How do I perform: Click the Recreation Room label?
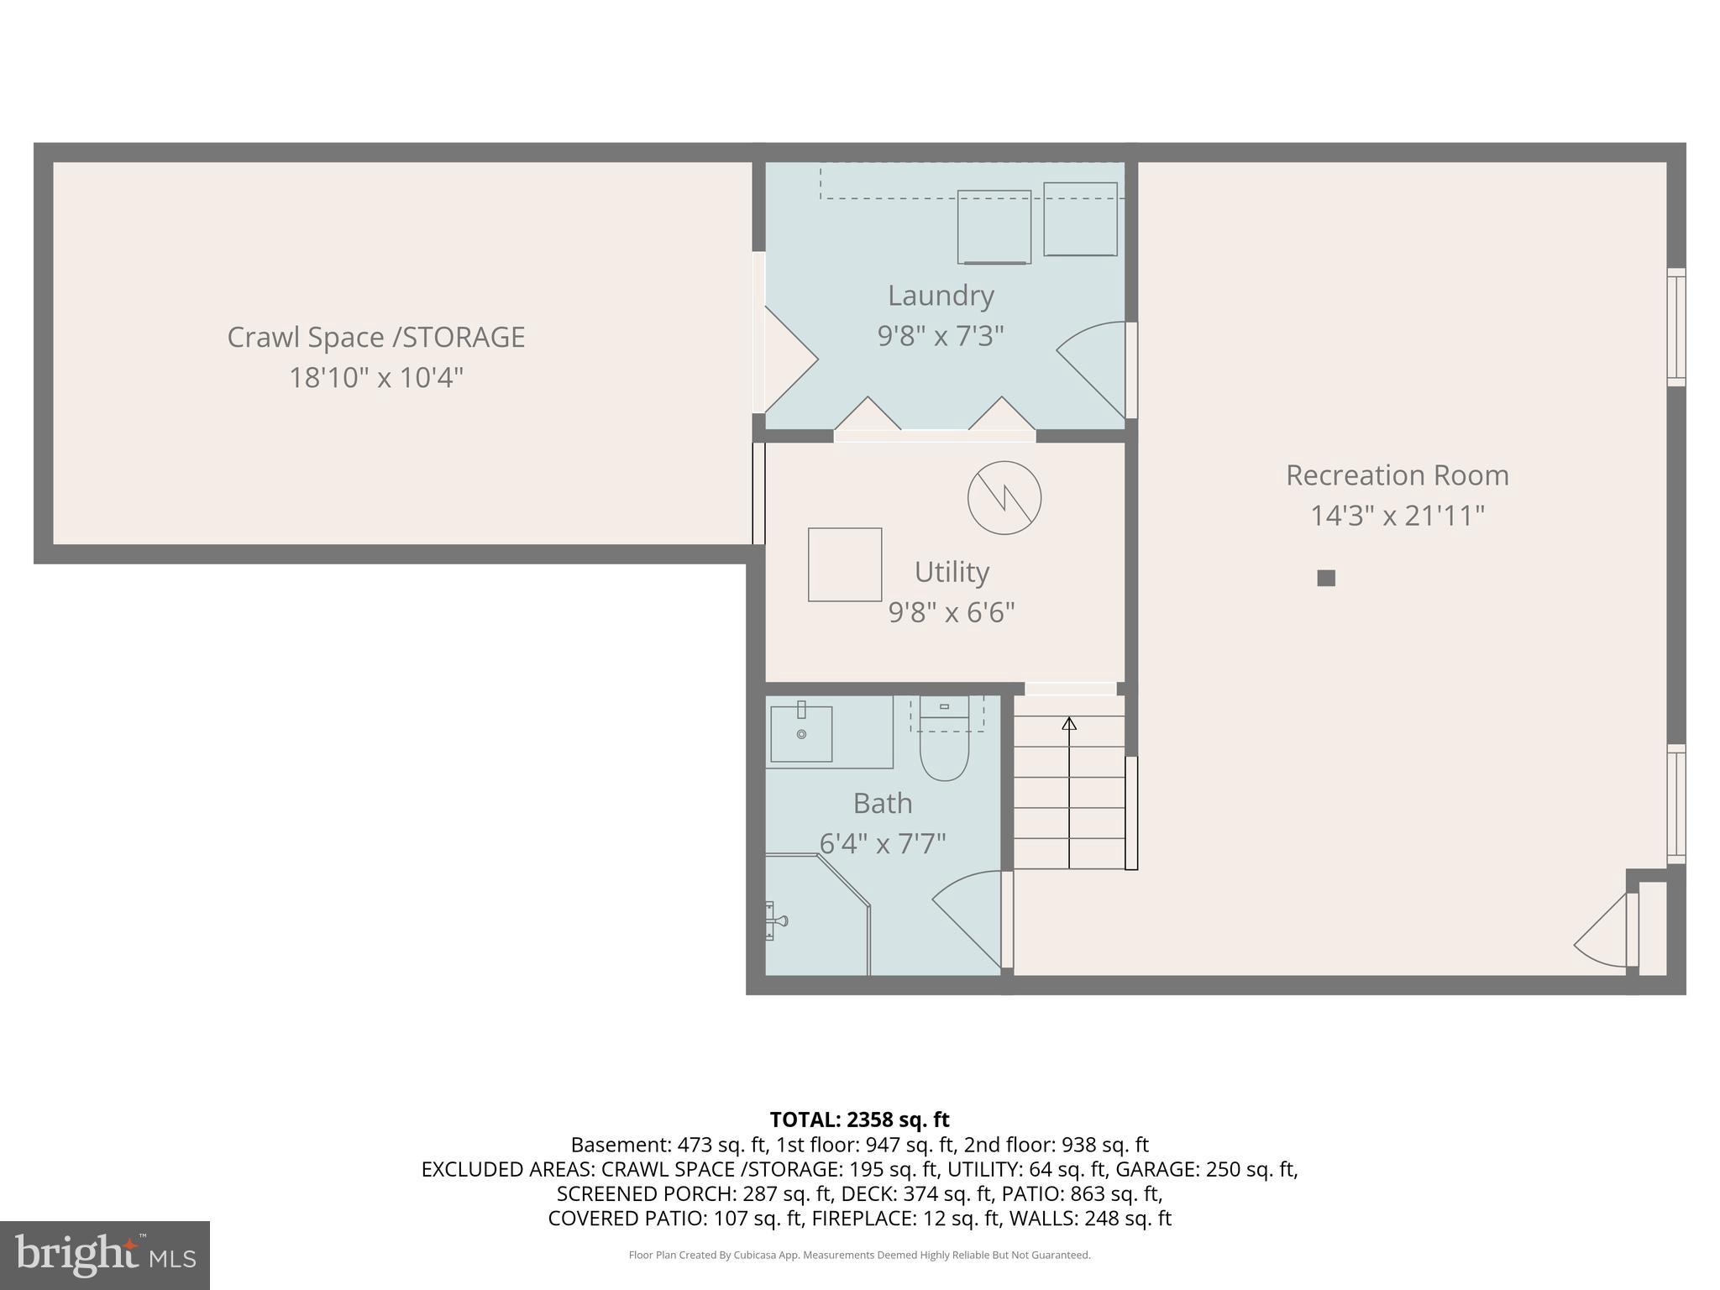pyautogui.click(x=1397, y=475)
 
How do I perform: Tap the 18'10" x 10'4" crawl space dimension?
pyautogui.click(x=376, y=377)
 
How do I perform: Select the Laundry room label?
pyautogui.click(x=941, y=296)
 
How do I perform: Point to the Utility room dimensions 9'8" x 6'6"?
pyautogui.click(x=952, y=612)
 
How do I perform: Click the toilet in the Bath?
pyautogui.click(x=944, y=744)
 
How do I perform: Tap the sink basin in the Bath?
pyautogui.click(x=801, y=734)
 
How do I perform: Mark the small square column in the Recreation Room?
pyautogui.click(x=1326, y=578)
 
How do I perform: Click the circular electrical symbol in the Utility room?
pyautogui.click(x=1004, y=498)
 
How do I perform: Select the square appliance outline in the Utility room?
pyautogui.click(x=845, y=564)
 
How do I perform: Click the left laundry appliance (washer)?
pyautogui.click(x=994, y=227)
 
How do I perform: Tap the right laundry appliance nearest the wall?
pyautogui.click(x=1080, y=219)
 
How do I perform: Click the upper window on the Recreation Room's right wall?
pyautogui.click(x=1675, y=327)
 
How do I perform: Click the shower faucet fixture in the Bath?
pyautogui.click(x=775, y=921)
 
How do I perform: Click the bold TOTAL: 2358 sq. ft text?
pyautogui.click(x=859, y=1120)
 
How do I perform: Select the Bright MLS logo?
pyautogui.click(x=105, y=1255)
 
